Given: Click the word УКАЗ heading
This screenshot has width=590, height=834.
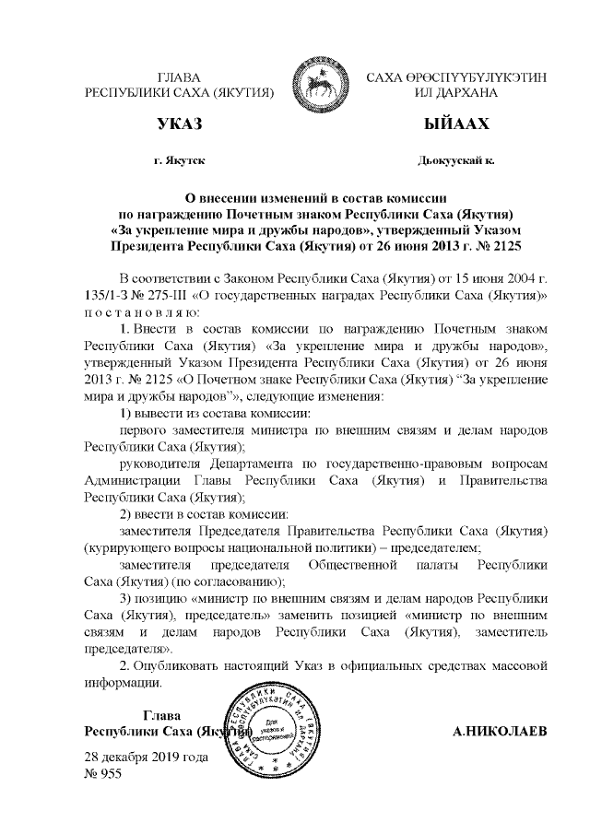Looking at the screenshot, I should click(179, 123).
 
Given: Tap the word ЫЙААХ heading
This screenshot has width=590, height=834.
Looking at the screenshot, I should click(455, 123).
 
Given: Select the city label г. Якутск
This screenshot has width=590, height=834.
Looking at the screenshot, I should click(179, 160).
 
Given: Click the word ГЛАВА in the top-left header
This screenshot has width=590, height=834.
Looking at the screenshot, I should click(180, 77).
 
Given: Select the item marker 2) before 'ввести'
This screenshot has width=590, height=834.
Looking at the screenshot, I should click(128, 512).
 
